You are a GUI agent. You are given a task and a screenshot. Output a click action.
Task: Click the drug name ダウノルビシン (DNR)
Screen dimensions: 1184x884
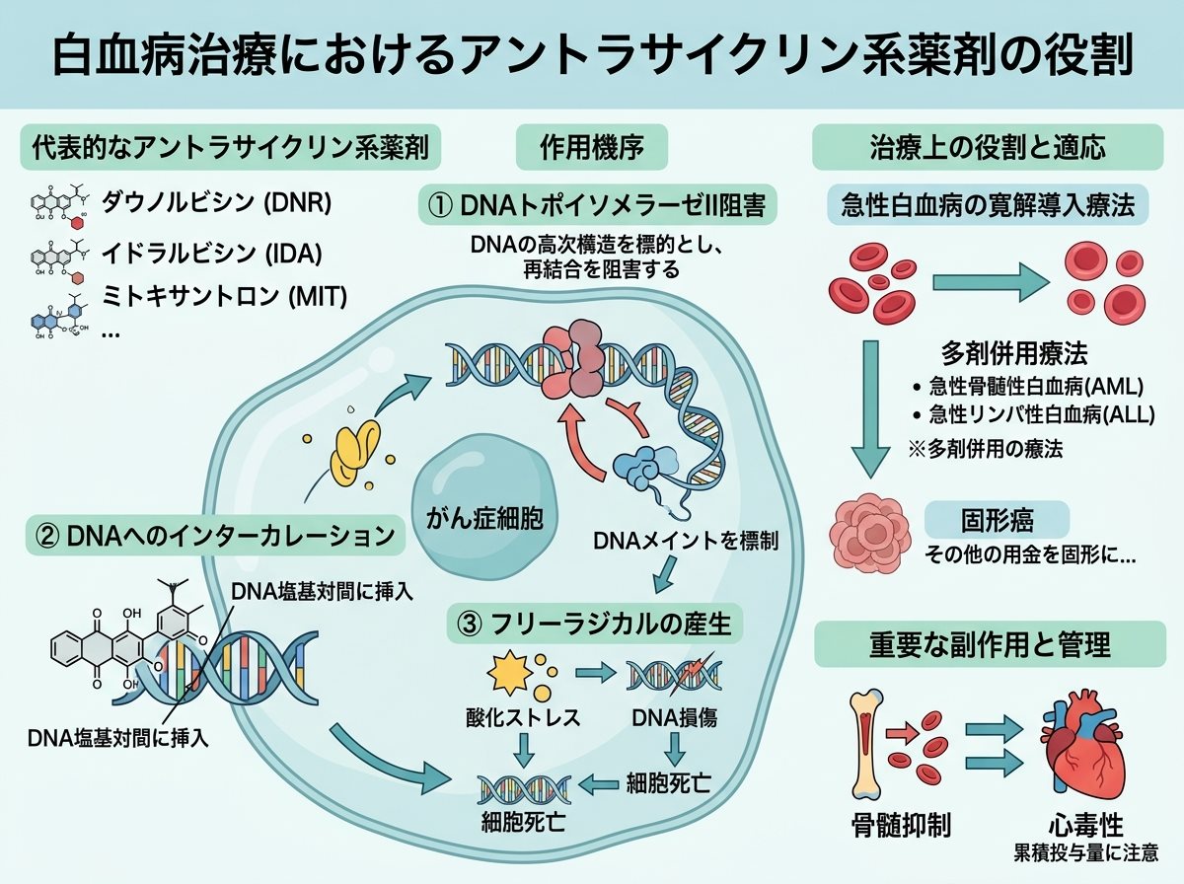click(x=216, y=202)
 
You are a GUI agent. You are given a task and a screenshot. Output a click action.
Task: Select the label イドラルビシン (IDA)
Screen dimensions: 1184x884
click(x=211, y=253)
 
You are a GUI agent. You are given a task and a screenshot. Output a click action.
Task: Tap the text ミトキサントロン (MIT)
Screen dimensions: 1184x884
click(x=224, y=296)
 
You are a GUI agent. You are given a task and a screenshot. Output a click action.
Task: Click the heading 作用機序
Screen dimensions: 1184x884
click(x=592, y=147)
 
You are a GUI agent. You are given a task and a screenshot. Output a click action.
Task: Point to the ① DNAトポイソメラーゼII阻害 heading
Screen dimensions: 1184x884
click(x=597, y=205)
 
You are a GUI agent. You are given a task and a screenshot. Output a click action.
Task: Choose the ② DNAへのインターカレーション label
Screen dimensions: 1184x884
click(x=215, y=536)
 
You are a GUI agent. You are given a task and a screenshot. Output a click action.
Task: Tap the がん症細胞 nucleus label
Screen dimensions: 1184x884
click(x=484, y=519)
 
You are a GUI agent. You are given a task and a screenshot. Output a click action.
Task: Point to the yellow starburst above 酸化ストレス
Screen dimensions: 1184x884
click(x=509, y=673)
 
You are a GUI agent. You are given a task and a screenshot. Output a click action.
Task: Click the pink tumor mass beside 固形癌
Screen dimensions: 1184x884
click(x=869, y=534)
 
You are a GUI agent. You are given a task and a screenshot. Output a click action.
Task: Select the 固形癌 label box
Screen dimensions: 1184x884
click(x=997, y=521)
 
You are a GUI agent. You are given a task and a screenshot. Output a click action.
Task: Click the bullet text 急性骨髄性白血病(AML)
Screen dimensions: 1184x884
click(x=1036, y=386)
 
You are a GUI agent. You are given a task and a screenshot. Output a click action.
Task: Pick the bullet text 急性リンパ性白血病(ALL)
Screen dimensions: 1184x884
click(x=1042, y=414)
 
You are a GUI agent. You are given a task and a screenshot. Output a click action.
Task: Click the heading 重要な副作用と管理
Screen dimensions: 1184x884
click(x=990, y=644)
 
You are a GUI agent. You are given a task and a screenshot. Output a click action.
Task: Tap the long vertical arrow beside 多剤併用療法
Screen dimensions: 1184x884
click(x=870, y=408)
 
